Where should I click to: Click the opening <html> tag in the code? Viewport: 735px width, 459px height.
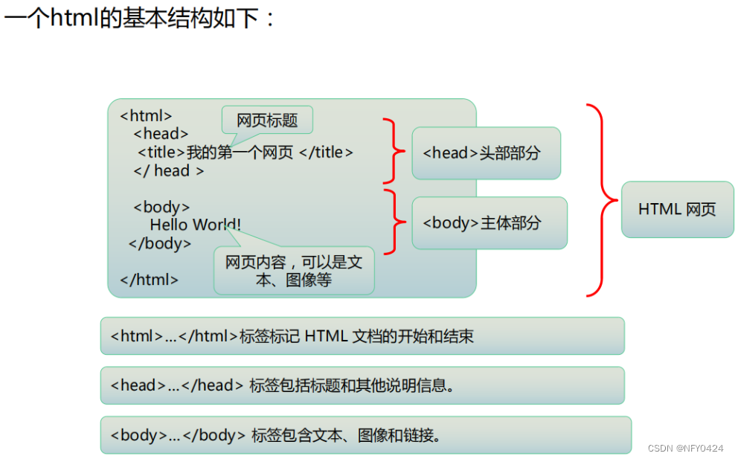[x=146, y=116]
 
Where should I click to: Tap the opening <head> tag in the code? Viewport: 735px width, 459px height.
[x=161, y=134]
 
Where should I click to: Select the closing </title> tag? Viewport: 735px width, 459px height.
[x=326, y=153]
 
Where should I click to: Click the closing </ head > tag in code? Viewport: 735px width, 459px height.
[x=168, y=170]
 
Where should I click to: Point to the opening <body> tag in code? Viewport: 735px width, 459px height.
[x=161, y=207]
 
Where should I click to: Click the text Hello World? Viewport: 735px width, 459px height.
[x=195, y=225]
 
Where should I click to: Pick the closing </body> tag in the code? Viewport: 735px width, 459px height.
[x=160, y=243]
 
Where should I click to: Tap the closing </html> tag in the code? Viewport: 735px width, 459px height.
[x=149, y=280]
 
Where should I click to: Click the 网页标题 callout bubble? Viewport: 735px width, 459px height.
[x=267, y=120]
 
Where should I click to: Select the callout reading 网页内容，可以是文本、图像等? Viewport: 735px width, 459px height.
[x=294, y=271]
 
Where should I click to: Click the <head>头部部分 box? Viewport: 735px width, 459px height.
[x=486, y=153]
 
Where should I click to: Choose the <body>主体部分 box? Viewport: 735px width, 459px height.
[x=489, y=222]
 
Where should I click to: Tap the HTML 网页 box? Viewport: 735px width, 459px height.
[x=677, y=210]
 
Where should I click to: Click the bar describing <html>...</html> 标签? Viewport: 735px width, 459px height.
[x=362, y=336]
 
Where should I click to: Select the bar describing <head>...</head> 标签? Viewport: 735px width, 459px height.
[x=362, y=385]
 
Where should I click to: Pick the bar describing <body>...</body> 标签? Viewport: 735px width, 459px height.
[x=365, y=435]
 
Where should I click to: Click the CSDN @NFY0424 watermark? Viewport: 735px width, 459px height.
[x=685, y=449]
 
